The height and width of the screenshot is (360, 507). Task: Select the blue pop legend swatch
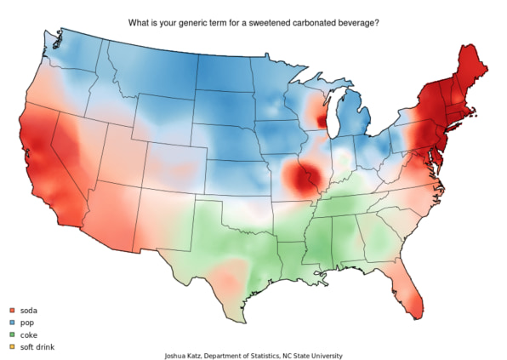point(12,323)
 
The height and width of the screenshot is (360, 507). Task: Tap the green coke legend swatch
point(12,335)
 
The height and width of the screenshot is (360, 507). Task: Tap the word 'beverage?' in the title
point(358,20)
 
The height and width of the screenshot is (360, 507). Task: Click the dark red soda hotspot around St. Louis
point(301,180)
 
